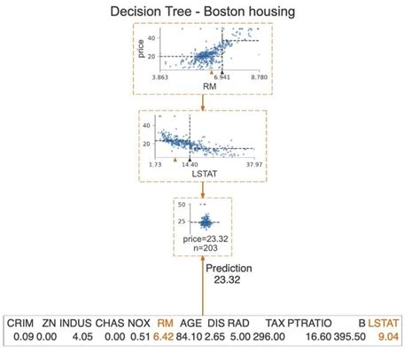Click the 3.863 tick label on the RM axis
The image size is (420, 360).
coord(166,78)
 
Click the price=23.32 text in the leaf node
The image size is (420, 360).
coord(203,239)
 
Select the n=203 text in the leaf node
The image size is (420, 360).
coord(203,249)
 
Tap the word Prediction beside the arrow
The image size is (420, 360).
coord(229,267)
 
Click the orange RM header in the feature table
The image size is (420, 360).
coord(165,325)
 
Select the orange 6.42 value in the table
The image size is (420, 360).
coord(163,338)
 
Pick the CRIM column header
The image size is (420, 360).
coord(20,325)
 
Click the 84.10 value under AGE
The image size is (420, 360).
coord(191,338)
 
